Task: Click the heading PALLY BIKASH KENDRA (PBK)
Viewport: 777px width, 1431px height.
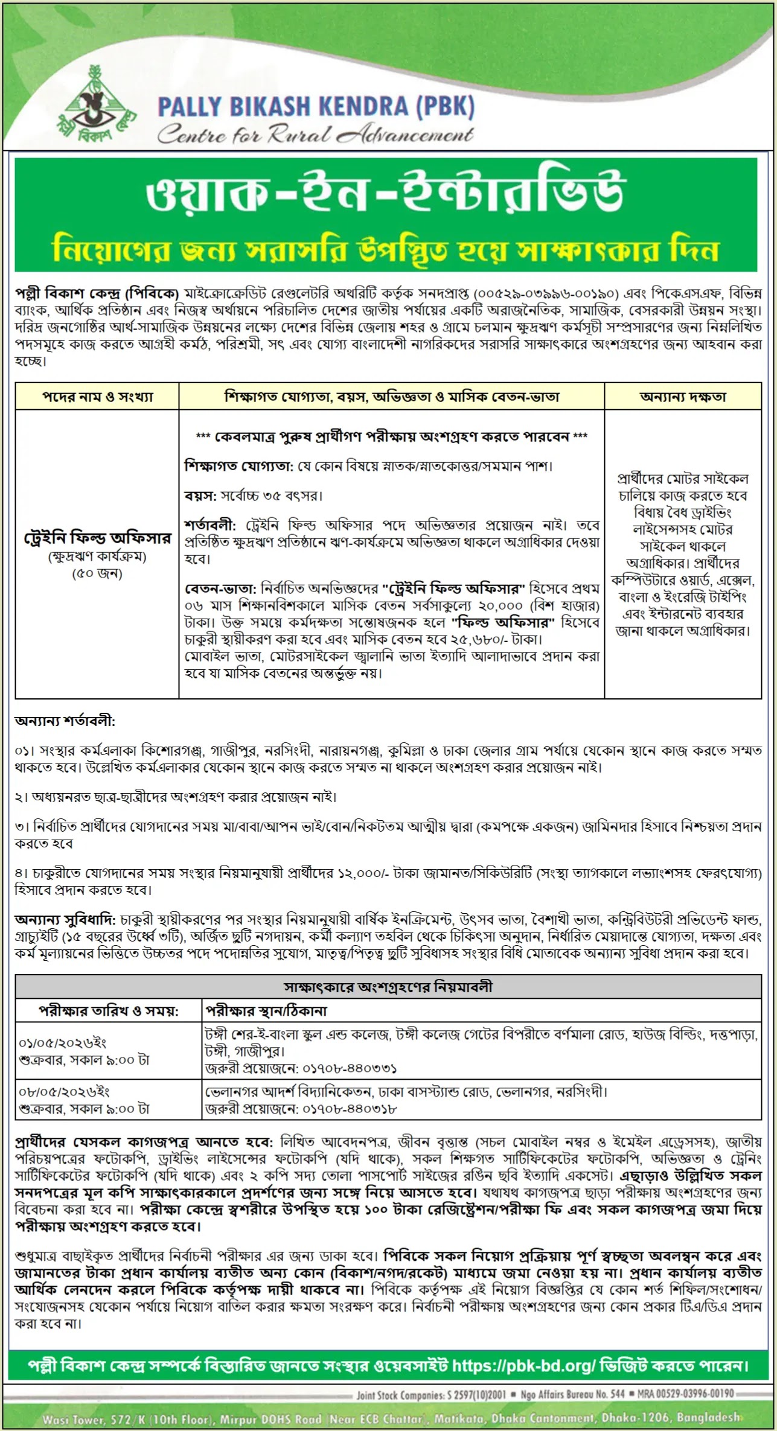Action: [316, 107]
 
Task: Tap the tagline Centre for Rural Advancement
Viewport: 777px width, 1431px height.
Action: [315, 135]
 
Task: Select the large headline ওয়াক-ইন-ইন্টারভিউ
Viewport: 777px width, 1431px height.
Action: [386, 192]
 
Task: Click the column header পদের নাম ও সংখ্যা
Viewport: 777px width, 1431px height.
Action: [97, 397]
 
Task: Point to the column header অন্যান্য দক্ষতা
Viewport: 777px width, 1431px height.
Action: [683, 397]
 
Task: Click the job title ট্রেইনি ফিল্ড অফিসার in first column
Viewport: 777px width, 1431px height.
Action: [97, 538]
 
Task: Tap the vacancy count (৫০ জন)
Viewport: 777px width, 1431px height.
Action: [97, 573]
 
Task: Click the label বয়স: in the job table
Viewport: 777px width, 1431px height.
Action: [200, 496]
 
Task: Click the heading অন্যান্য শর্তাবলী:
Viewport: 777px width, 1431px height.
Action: [65, 721]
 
